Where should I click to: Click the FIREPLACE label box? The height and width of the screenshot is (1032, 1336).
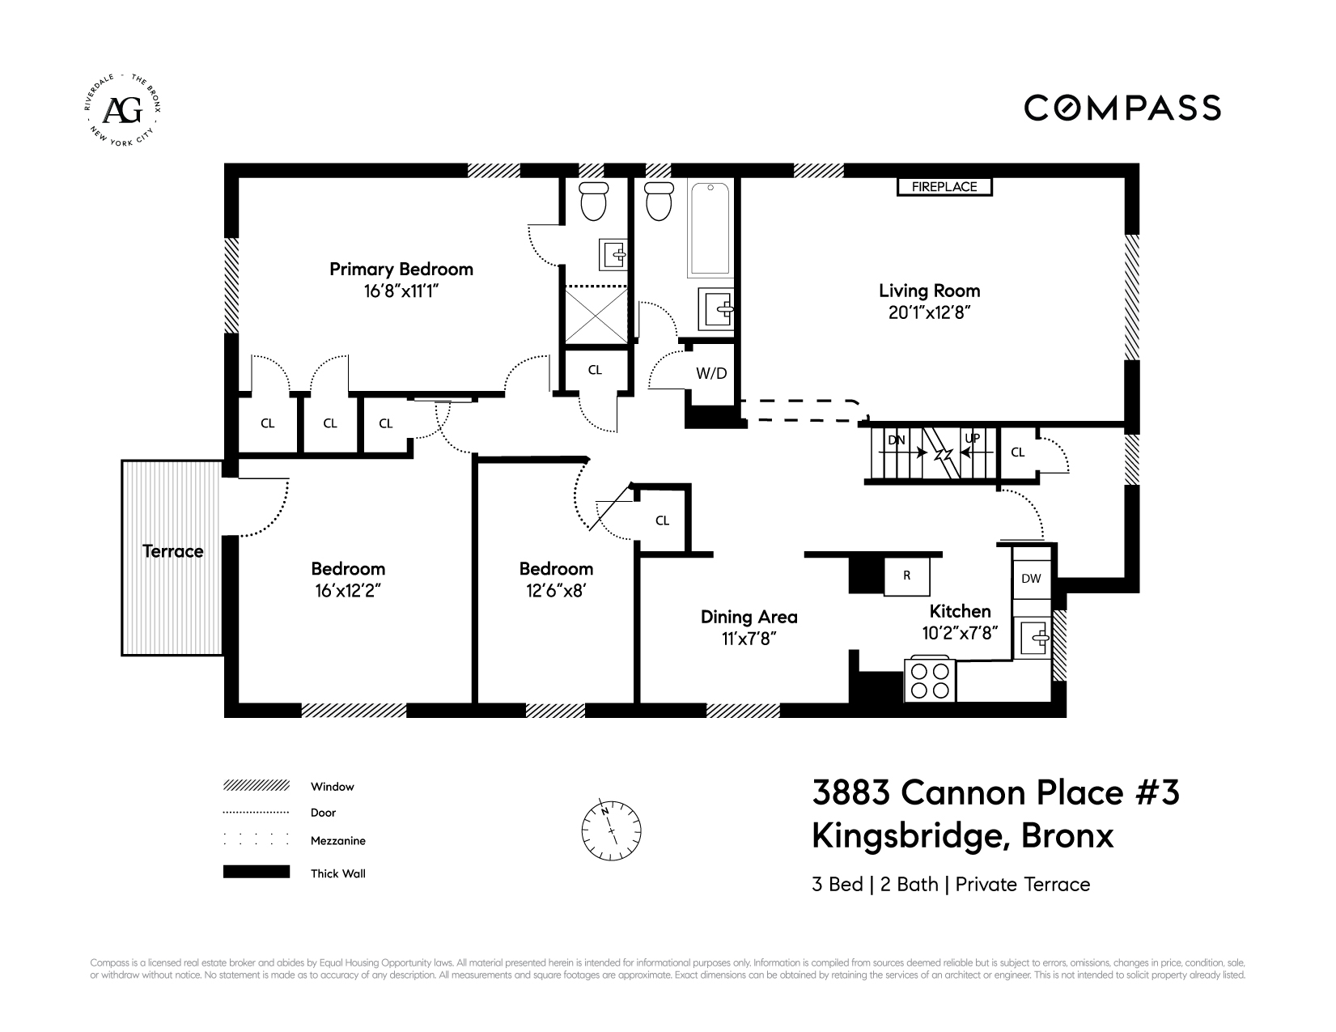(944, 187)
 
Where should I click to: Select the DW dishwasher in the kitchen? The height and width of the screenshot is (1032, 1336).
(1031, 579)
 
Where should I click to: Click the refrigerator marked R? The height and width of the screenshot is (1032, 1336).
(907, 576)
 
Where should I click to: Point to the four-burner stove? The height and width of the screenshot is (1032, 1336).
(931, 680)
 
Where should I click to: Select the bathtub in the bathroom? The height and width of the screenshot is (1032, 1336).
(710, 228)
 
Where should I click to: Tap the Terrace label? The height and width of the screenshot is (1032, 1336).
(172, 552)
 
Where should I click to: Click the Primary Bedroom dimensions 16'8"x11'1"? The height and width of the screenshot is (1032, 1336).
(401, 291)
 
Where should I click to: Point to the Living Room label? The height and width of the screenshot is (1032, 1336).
(929, 291)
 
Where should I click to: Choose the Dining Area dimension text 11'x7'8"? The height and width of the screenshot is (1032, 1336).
(749, 639)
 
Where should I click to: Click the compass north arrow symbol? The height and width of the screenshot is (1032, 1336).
(611, 829)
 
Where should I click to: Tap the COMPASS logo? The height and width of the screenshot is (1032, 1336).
(1123, 108)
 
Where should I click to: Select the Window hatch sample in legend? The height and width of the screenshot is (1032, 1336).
(257, 786)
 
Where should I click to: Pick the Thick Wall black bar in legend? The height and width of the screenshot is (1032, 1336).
(257, 872)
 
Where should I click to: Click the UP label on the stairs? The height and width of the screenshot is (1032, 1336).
(972, 439)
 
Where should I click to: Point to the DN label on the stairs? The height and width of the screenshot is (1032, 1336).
(896, 440)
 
